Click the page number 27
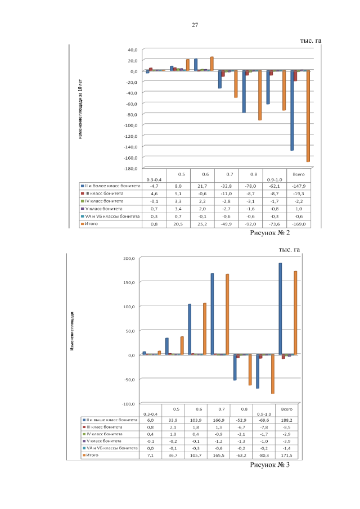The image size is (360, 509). point(195,25)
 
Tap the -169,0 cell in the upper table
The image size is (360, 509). point(299,223)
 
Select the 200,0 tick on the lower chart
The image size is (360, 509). point(129,258)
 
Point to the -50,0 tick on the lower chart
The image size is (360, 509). point(130,380)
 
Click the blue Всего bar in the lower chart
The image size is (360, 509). point(280,309)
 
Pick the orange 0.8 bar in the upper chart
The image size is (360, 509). point(260,95)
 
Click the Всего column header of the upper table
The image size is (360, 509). point(299,174)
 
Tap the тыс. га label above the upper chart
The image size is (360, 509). point(313,40)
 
